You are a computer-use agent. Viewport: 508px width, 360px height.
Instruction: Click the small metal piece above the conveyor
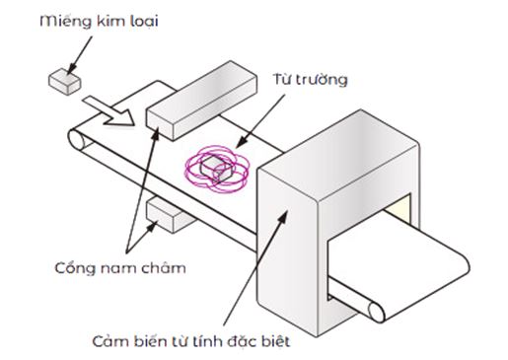[62, 79]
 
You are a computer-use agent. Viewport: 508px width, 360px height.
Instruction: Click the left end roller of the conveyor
[77, 144]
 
